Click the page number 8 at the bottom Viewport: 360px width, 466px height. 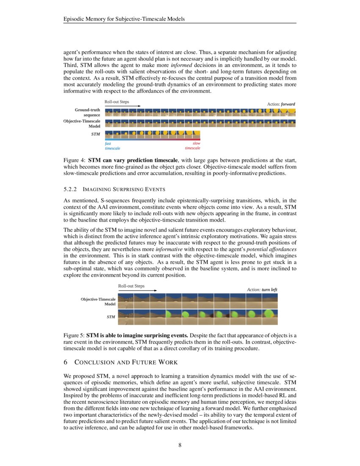point(180,445)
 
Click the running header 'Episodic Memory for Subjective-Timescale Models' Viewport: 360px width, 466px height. point(124,19)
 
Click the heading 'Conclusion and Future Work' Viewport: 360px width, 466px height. point(126,362)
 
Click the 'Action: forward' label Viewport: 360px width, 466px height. point(281,104)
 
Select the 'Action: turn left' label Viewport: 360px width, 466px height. point(262,289)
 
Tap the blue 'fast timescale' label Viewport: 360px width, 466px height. point(112,146)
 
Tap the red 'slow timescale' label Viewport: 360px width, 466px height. point(193,146)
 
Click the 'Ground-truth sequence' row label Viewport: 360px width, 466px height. point(88,112)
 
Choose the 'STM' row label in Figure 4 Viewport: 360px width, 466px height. point(96,134)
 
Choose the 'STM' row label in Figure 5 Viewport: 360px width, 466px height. point(111,316)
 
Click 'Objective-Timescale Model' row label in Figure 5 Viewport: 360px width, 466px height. point(98,302)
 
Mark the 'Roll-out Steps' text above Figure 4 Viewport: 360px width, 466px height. point(117,102)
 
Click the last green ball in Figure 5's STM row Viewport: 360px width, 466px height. point(269,314)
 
